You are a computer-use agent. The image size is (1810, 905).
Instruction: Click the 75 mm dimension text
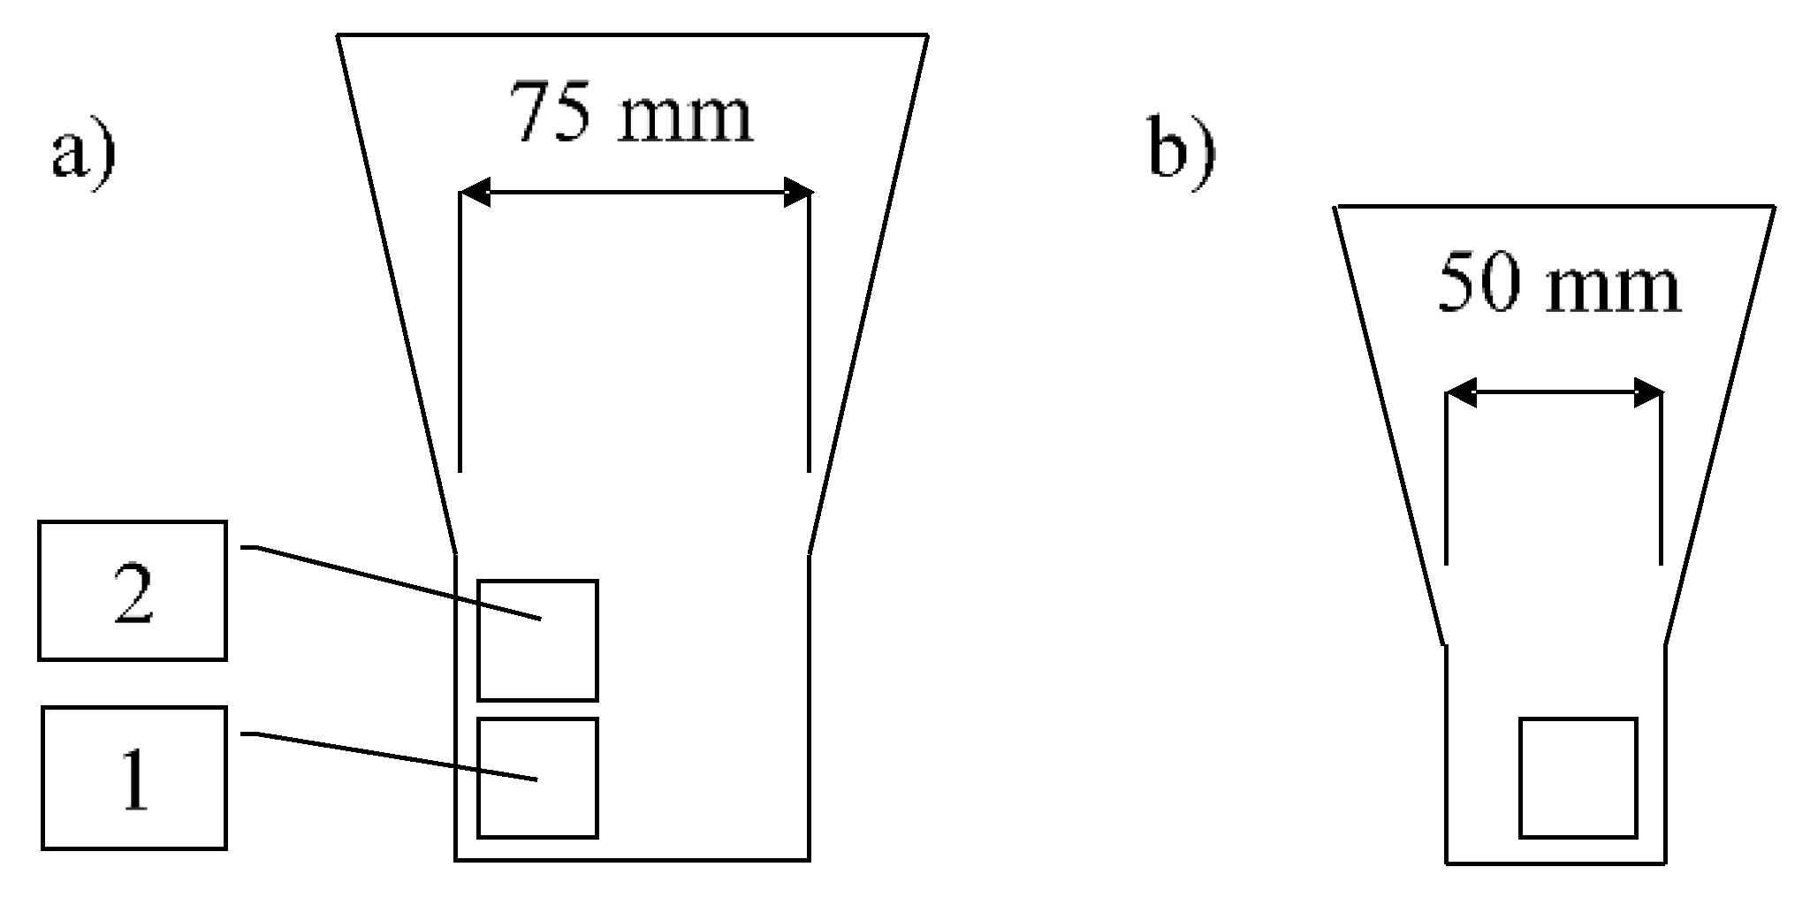point(634,112)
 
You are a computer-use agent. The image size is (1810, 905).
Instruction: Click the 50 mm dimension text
point(1558,285)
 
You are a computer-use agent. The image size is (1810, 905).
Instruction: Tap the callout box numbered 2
point(133,590)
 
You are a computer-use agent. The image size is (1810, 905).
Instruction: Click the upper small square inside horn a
point(537,640)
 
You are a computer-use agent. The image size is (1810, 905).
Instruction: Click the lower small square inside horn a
point(537,778)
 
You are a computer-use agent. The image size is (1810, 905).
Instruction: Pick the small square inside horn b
point(1578,778)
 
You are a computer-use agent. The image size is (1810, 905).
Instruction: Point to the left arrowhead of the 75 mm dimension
point(475,192)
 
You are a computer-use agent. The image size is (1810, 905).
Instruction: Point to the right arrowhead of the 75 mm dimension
point(796,192)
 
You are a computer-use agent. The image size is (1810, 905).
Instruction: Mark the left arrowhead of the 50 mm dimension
point(1460,393)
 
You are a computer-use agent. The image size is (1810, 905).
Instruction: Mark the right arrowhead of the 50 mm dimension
point(1648,393)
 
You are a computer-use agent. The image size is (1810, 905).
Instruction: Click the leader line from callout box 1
point(389,756)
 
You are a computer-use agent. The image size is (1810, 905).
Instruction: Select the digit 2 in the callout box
point(133,595)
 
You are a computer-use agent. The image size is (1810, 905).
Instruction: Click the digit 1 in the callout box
point(134,780)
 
